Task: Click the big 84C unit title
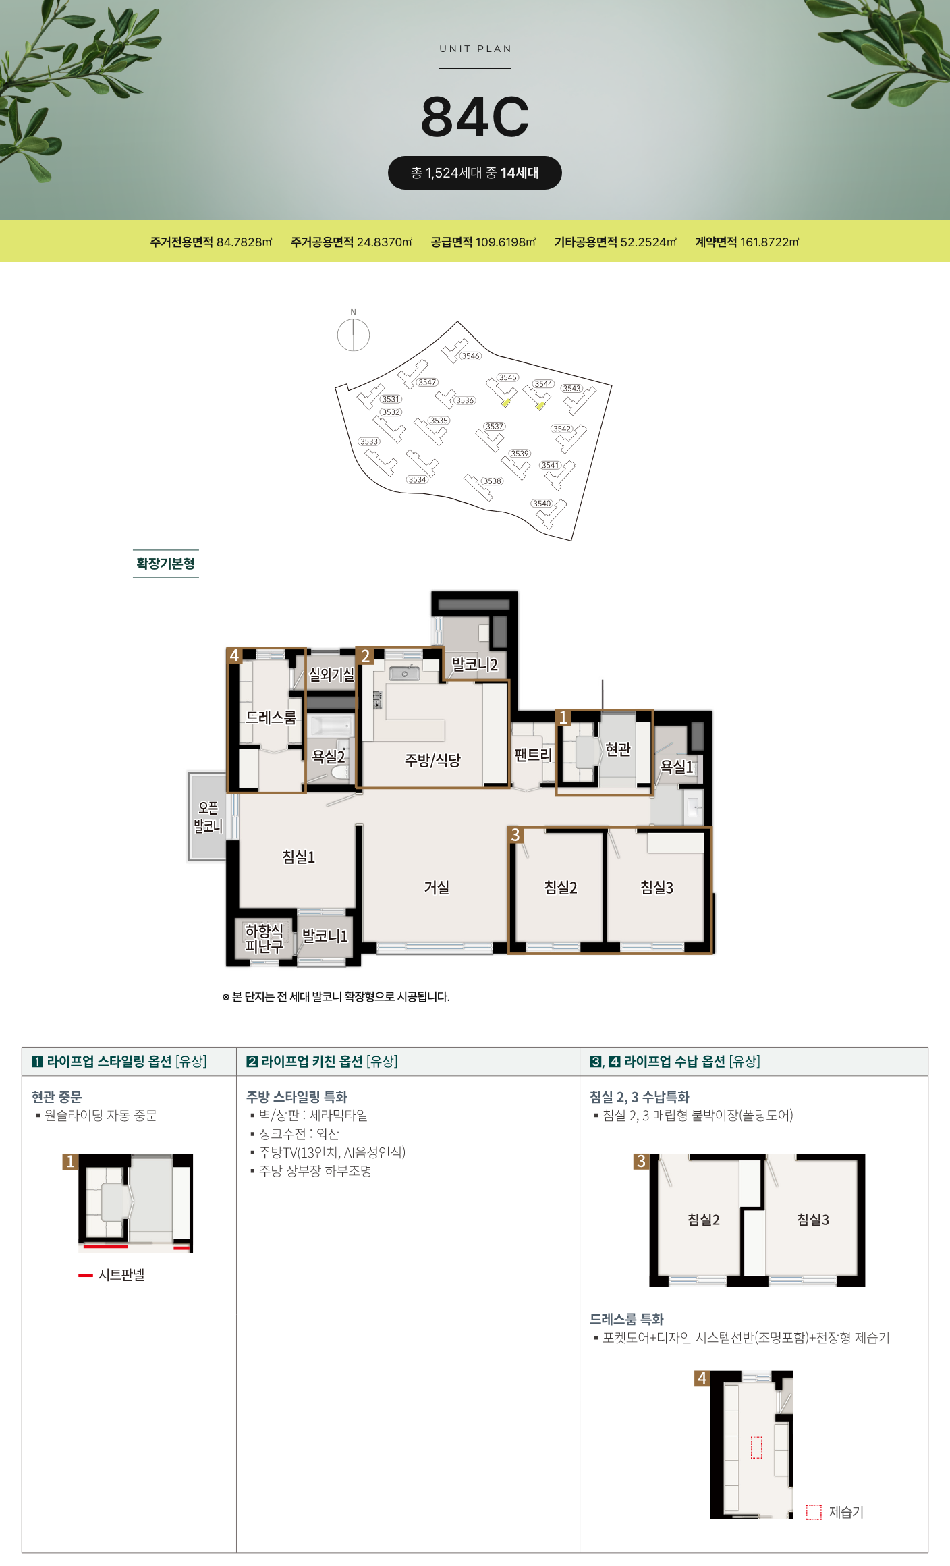[x=475, y=117]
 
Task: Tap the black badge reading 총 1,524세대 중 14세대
[x=475, y=173]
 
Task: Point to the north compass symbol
[x=354, y=335]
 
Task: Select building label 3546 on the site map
[x=470, y=356]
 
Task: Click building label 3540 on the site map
[x=542, y=503]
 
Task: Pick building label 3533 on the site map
[x=369, y=441]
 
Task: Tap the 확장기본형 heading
[x=165, y=564]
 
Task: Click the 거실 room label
[x=437, y=887]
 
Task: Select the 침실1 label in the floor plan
[x=299, y=857]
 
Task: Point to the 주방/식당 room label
[x=432, y=760]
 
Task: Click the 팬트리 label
[x=533, y=755]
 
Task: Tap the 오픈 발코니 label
[x=208, y=817]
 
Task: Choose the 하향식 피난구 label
[x=264, y=938]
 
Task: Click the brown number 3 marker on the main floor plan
[x=515, y=835]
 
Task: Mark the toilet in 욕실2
[x=341, y=771]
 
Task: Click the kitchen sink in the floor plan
[x=404, y=673]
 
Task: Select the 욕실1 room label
[x=676, y=767]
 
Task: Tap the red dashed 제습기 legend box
[x=814, y=1512]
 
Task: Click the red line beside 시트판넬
[x=86, y=1275]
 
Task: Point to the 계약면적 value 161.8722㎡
[x=770, y=242]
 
